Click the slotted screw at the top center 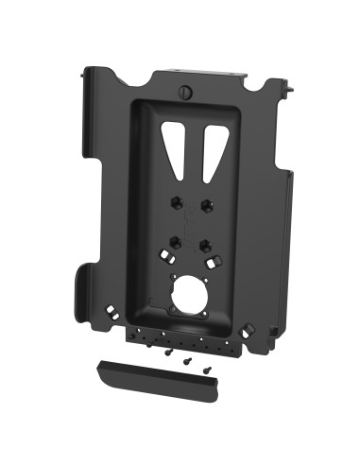tap(185, 93)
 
